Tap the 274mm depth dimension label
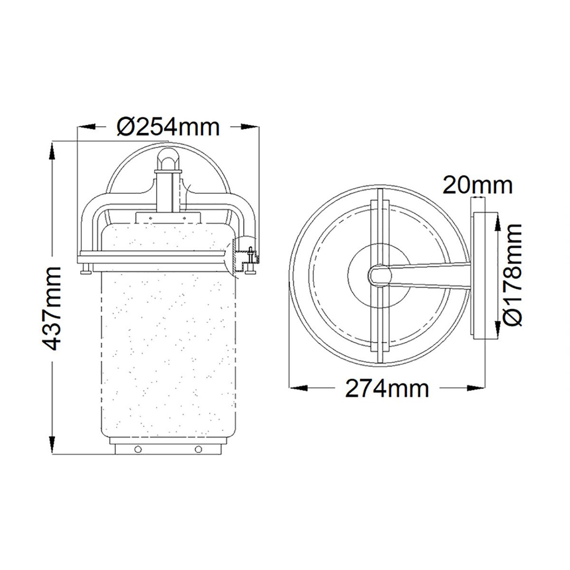tap(387, 389)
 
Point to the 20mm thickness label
tap(477, 185)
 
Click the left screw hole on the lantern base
tap(137, 448)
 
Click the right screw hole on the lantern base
tap(198, 448)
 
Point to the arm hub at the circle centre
tap(379, 275)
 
